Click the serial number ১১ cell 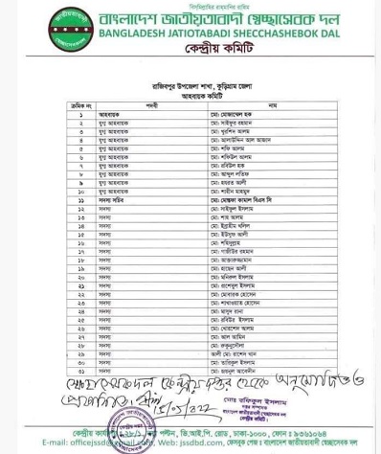(x=81, y=200)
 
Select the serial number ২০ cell (x=81, y=277)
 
